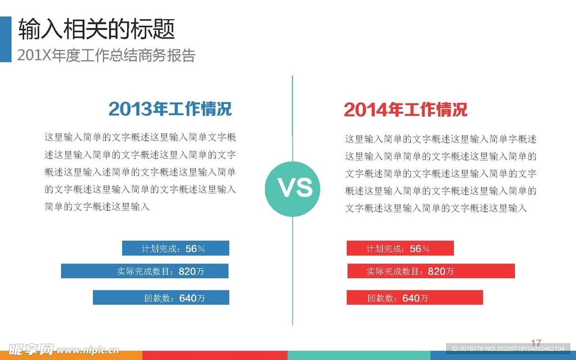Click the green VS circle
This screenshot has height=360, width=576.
292,188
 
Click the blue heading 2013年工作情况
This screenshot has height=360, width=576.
170,109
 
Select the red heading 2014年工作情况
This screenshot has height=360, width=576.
406,110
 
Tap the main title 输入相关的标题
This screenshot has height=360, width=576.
97,29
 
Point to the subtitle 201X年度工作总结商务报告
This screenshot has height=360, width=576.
106,55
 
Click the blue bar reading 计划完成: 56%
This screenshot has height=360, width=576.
175,248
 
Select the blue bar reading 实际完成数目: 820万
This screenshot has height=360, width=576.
145,271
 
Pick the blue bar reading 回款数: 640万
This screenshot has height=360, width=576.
161,297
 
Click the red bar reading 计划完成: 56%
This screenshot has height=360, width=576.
400,248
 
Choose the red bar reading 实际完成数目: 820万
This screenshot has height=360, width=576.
431,271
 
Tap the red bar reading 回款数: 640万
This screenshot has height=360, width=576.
415,297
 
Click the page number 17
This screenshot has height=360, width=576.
536,344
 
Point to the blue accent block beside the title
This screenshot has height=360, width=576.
6,39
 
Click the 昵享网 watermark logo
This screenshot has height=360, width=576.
31,349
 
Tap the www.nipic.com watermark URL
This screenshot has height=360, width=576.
88,350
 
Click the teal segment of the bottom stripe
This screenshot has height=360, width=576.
359,355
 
